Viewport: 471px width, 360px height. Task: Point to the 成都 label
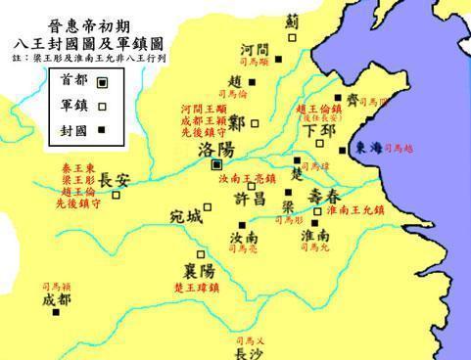[x=57, y=300]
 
